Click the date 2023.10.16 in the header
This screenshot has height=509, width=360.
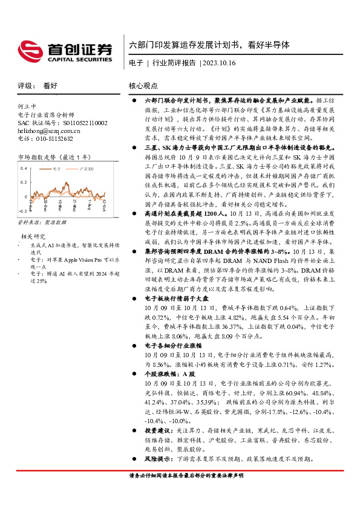(x=219, y=63)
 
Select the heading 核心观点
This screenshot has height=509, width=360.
(x=143, y=86)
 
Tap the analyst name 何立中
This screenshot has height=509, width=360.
(x=27, y=106)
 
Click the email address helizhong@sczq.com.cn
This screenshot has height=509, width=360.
(x=49, y=130)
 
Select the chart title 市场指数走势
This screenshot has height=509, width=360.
(x=38, y=157)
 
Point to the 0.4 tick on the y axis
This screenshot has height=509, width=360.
(x=23, y=167)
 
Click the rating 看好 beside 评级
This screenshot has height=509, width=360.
(x=50, y=86)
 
